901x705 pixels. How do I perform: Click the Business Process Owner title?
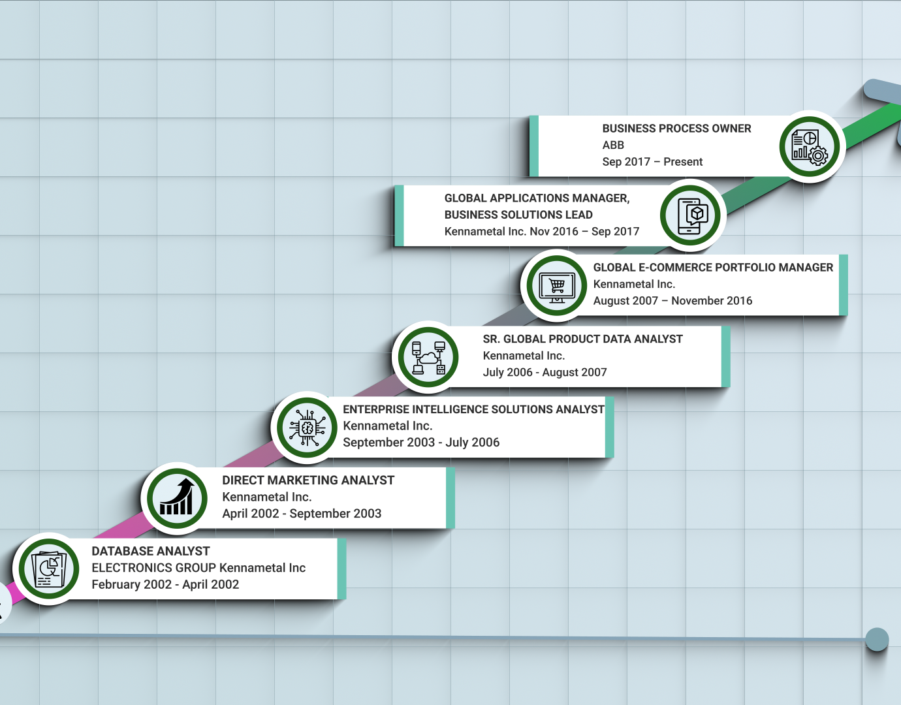(x=676, y=129)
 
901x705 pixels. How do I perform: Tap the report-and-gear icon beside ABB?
(x=810, y=147)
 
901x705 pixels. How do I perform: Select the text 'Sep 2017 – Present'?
(x=652, y=162)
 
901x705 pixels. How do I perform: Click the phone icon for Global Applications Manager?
(x=691, y=216)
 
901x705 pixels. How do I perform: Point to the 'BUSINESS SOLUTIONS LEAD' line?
(x=518, y=215)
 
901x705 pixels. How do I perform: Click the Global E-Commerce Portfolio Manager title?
(x=713, y=268)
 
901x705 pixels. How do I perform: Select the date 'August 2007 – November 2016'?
(x=672, y=301)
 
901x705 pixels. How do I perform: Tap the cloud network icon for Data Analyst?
(x=428, y=357)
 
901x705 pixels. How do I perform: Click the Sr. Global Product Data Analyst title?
(x=582, y=339)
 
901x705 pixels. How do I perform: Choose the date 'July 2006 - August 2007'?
(x=545, y=373)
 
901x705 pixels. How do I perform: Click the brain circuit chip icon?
(x=307, y=428)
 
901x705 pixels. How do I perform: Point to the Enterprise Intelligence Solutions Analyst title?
(x=473, y=410)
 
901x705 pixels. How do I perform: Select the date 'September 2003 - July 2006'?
(x=421, y=443)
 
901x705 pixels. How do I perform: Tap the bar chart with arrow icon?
(x=177, y=498)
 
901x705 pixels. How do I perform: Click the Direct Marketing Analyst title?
(x=308, y=480)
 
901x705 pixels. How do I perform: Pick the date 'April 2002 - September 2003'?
(x=302, y=514)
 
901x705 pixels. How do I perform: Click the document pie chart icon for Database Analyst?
(x=49, y=569)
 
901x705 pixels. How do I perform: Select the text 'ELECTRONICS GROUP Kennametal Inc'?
(x=198, y=568)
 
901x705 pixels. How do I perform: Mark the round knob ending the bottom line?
(x=877, y=640)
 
